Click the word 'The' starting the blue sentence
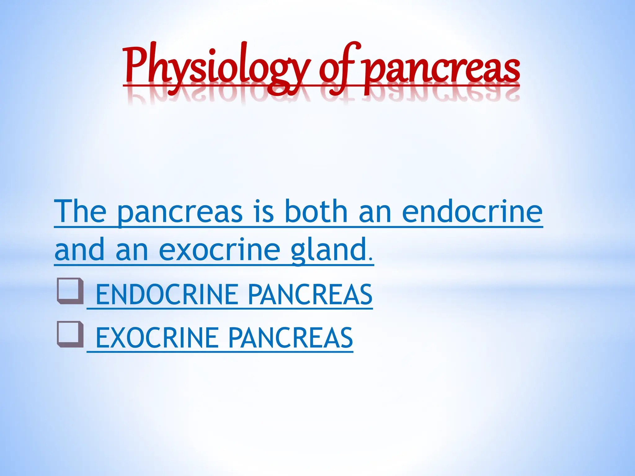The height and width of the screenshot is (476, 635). pyautogui.click(x=80, y=211)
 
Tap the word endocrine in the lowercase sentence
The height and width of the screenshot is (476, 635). pyautogui.click(x=472, y=211)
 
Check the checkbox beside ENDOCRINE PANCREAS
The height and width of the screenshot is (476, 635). pyautogui.click(x=70, y=291)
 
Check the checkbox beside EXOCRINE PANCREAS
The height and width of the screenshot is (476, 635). pyautogui.click(x=70, y=334)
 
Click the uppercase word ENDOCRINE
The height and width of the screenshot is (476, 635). pyautogui.click(x=167, y=295)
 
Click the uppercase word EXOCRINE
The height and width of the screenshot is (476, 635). pyautogui.click(x=157, y=338)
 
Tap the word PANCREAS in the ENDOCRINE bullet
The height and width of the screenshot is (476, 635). pyautogui.click(x=310, y=295)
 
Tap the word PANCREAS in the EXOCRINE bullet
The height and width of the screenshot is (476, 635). pyautogui.click(x=291, y=338)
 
